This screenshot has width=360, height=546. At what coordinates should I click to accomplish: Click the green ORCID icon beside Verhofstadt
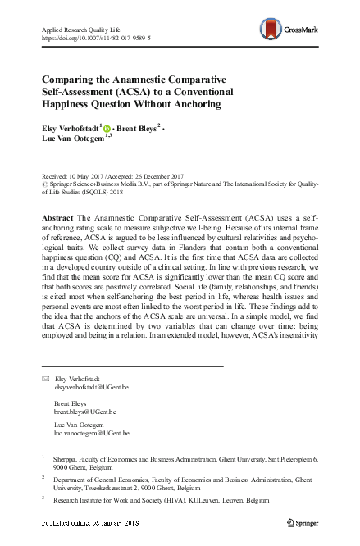[x=107, y=128]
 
